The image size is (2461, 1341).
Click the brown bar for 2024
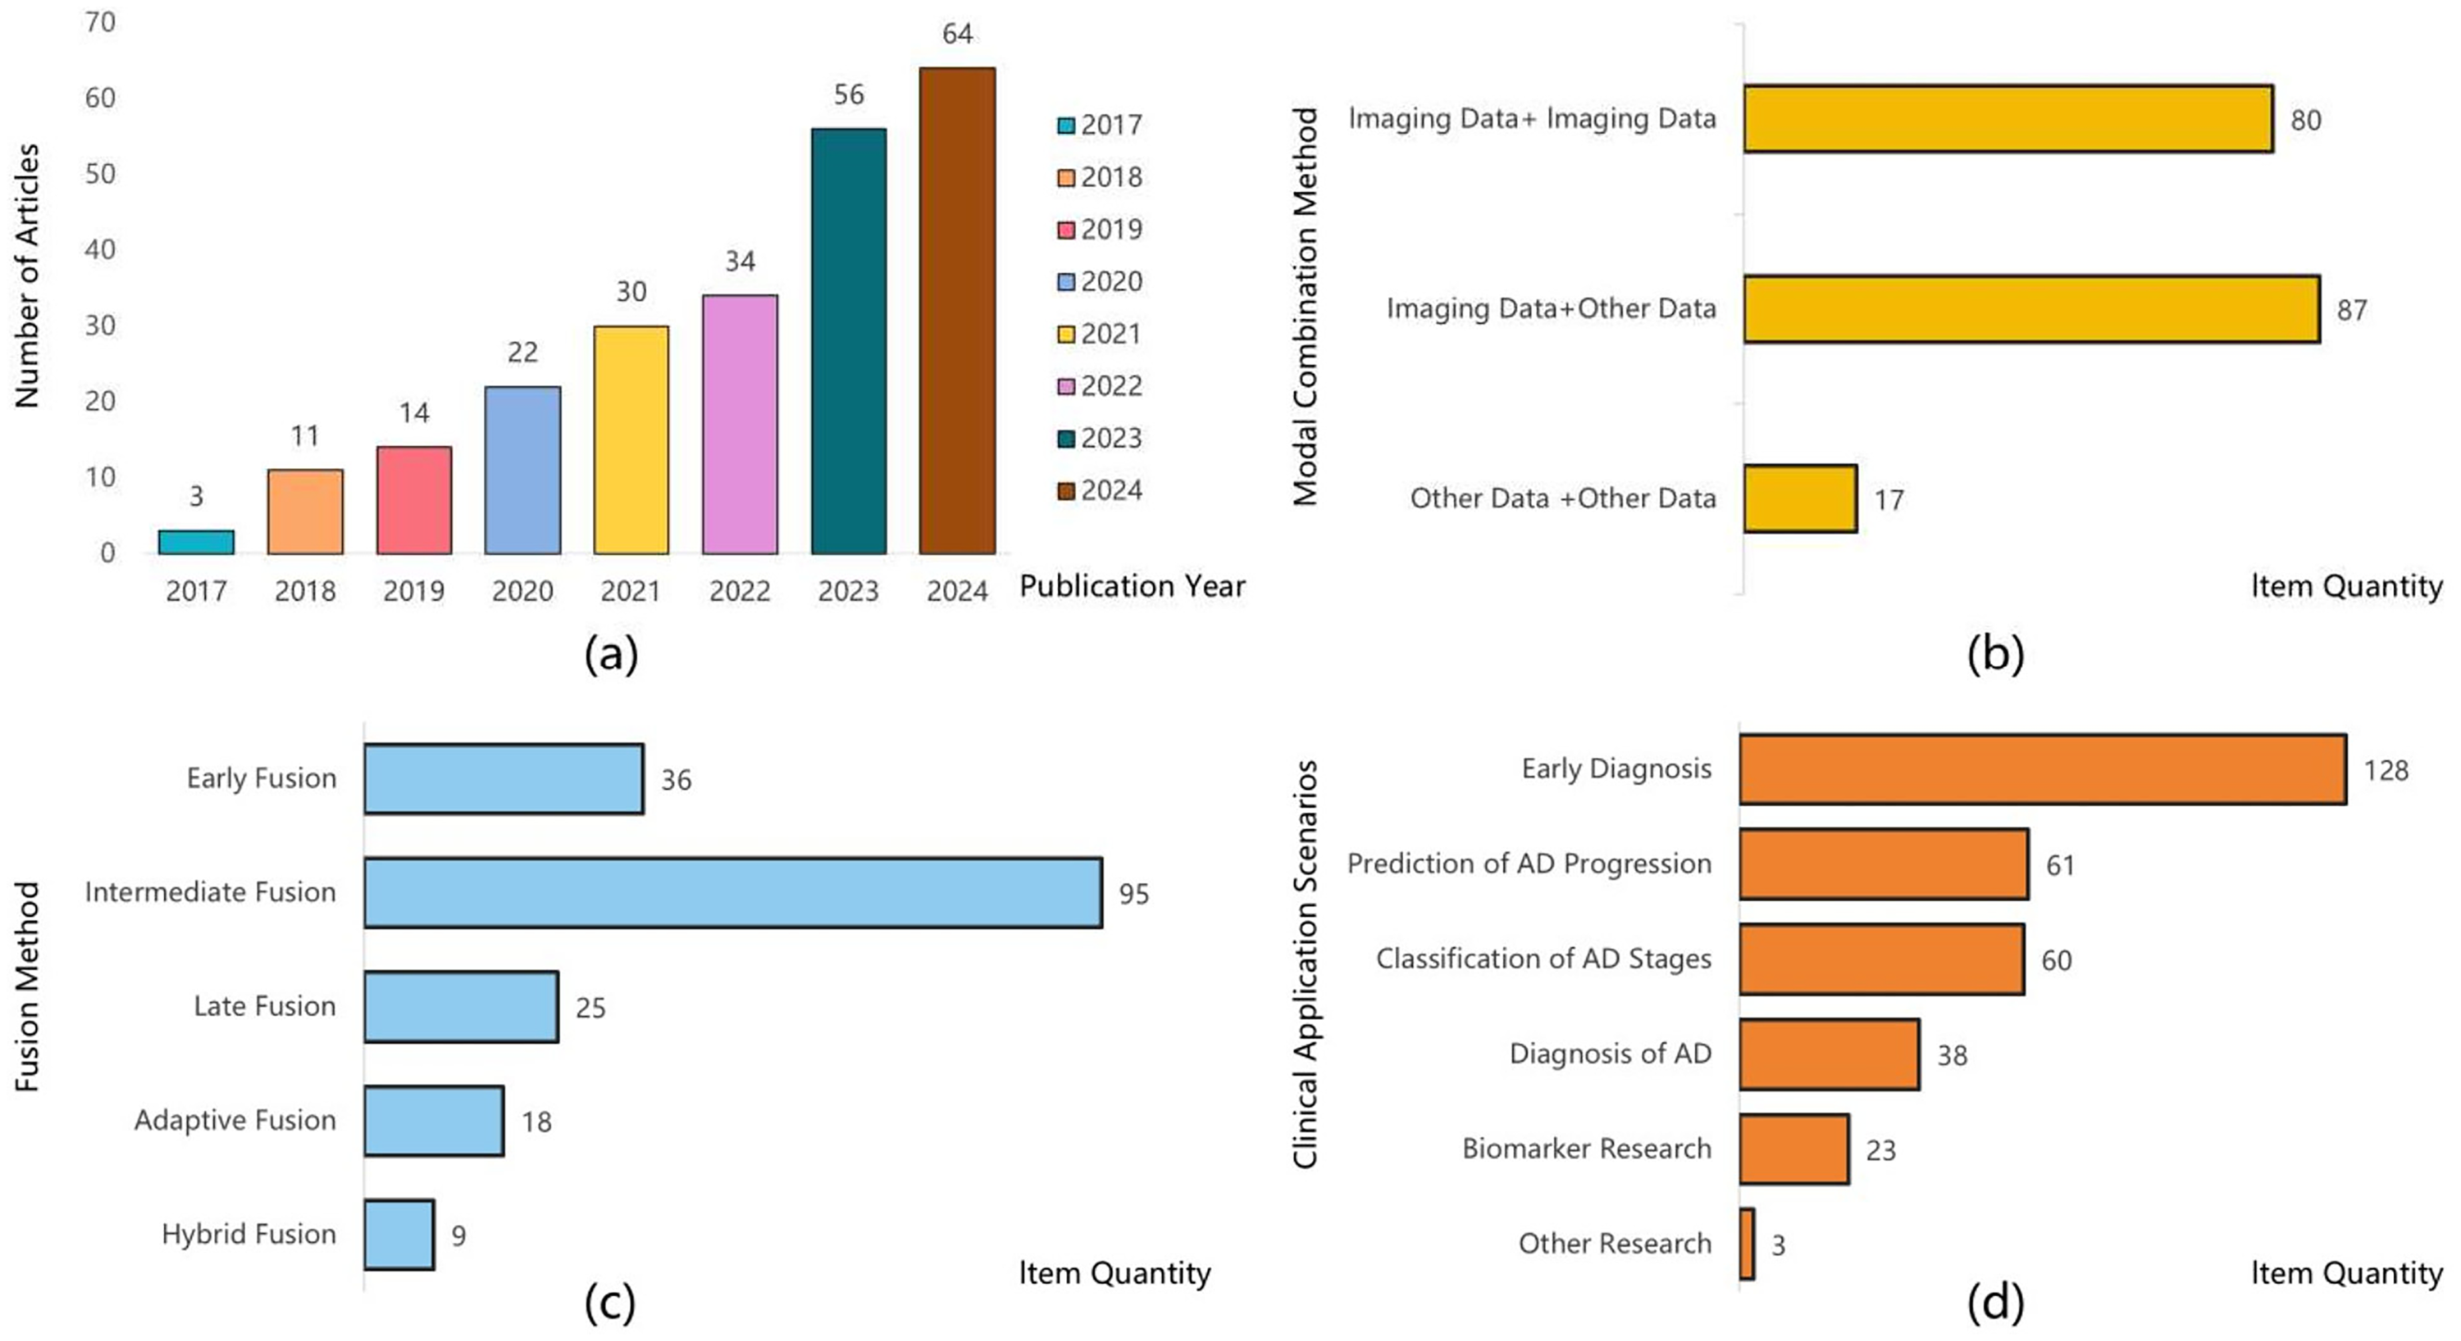pyautogui.click(x=957, y=311)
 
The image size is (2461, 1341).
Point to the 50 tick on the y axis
pyautogui.click(x=100, y=174)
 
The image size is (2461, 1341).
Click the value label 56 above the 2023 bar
pyautogui.click(x=848, y=94)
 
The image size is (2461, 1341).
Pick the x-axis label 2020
pyautogui.click(x=523, y=591)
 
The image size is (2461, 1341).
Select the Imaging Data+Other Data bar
pyautogui.click(x=2032, y=309)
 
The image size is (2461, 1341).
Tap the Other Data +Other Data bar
pyautogui.click(x=1800, y=499)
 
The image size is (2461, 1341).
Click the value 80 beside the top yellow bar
pyautogui.click(x=2305, y=120)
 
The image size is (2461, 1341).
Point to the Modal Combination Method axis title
pyautogui.click(x=1305, y=305)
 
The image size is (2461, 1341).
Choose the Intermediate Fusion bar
pyautogui.click(x=733, y=892)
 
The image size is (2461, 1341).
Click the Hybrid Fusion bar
pyautogui.click(x=398, y=1234)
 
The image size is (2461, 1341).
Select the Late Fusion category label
pyautogui.click(x=265, y=1006)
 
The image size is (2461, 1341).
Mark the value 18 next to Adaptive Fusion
pyautogui.click(x=536, y=1121)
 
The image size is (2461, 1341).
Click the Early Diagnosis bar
pyautogui.click(x=2043, y=769)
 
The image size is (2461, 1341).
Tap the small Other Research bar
pyautogui.click(x=1747, y=1244)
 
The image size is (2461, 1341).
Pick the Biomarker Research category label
pyautogui.click(x=1587, y=1148)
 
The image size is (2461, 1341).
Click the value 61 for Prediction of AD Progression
pyautogui.click(x=2060, y=865)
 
